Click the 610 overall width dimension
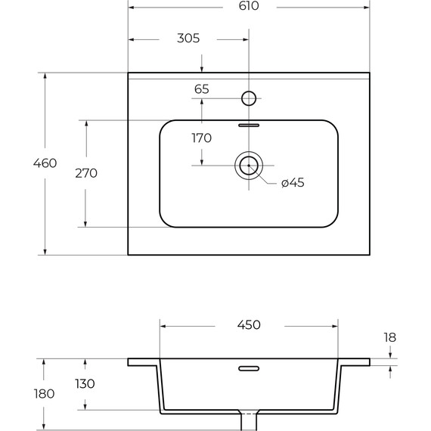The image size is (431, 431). [x=249, y=6]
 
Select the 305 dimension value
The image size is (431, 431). [x=188, y=39]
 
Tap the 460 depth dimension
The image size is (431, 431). [x=45, y=163]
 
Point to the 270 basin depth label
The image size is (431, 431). [x=86, y=173]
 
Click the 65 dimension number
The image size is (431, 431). [x=202, y=89]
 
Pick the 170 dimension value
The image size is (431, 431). [x=202, y=138]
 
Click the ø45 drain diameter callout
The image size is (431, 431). [x=293, y=182]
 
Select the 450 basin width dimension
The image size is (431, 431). [x=249, y=325]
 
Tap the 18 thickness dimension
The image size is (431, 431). [x=390, y=337]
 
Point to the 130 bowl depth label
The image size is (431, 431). [x=85, y=383]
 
